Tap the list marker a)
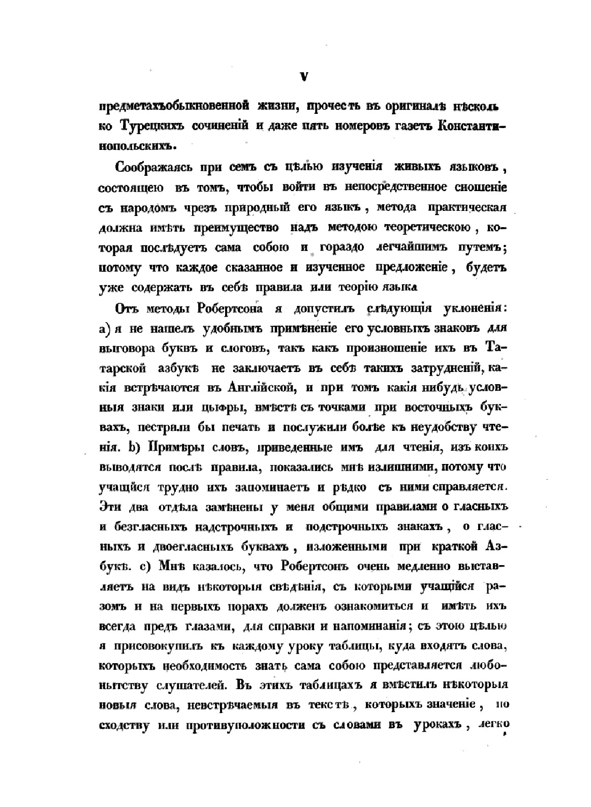pos(105,328)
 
